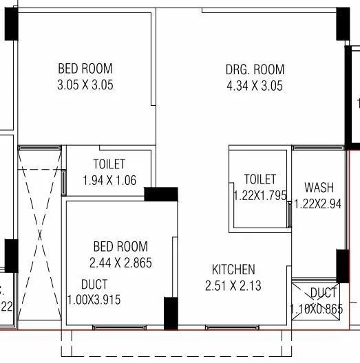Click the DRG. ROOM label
255,69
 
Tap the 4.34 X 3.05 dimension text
255,86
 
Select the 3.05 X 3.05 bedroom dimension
85,86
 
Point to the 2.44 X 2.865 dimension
120,262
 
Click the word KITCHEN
233,269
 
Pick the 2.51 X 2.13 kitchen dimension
233,285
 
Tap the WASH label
319,187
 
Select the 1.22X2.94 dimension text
319,203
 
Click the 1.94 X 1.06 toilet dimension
109,181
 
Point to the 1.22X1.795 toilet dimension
260,195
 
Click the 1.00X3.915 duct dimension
94,300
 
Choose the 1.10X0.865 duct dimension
317,309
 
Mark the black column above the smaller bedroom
161,195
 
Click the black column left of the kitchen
170,313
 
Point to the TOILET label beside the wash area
260,179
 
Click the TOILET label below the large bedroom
109,164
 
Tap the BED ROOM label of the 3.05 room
85,69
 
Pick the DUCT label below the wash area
324,294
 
